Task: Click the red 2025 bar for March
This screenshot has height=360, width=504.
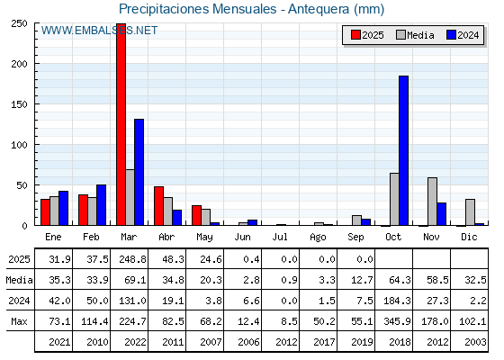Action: [121, 124]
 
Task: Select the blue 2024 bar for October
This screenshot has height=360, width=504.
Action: [404, 150]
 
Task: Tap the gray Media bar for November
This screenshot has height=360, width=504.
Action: [432, 202]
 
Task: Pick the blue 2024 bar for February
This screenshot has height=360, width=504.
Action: [101, 205]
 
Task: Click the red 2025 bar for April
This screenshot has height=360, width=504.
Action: [158, 206]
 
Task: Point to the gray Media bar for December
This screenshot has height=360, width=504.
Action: [470, 212]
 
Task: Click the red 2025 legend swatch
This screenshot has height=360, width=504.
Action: [355, 35]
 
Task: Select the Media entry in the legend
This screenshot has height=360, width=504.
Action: [415, 35]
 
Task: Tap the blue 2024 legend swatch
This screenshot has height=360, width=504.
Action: [451, 35]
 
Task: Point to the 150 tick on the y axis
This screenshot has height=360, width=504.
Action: [19, 104]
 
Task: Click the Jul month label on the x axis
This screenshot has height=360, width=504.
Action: [280, 237]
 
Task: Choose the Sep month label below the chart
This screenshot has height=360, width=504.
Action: [355, 237]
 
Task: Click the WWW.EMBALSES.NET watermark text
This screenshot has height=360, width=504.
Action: [99, 31]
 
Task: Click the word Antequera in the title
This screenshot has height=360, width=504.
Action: [319, 9]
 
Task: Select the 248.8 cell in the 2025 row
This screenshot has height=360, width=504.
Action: [132, 259]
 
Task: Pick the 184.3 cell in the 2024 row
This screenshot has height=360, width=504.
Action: [397, 301]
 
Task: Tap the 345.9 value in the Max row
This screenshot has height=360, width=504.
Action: [397, 321]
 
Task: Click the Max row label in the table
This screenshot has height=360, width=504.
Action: [19, 321]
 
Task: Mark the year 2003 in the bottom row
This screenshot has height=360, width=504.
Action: [475, 342]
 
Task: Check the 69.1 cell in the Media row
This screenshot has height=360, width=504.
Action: [135, 280]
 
